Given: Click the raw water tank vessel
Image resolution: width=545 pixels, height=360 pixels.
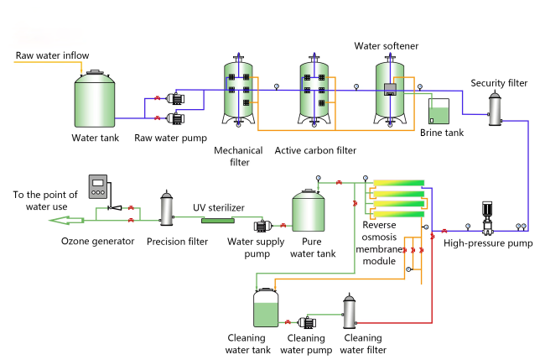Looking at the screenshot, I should (96, 99).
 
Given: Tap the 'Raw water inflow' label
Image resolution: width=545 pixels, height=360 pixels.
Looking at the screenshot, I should (53, 55).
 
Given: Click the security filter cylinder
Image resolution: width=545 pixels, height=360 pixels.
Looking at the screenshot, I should (495, 108).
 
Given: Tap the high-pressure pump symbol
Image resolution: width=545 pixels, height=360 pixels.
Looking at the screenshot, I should (485, 219).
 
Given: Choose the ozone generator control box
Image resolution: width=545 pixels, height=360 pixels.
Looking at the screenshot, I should (99, 185).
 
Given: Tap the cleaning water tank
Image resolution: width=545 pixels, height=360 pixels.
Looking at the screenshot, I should (267, 308).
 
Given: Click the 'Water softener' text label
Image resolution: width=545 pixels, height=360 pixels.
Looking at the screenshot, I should (387, 45).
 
